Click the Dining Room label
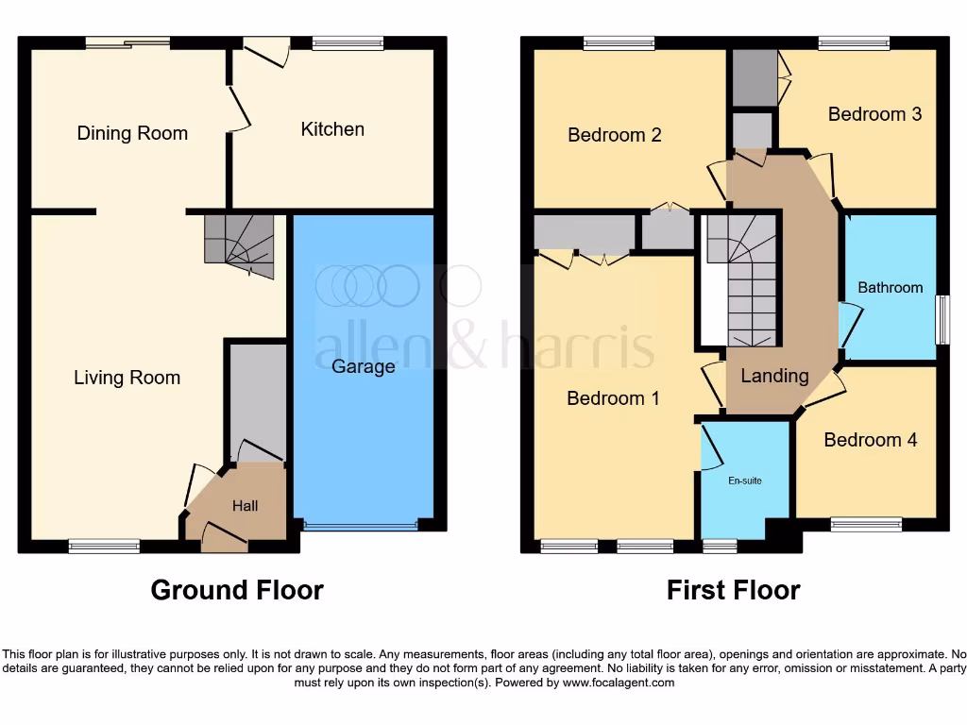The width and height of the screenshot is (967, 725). tap(132, 133)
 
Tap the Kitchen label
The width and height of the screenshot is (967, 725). tap(332, 129)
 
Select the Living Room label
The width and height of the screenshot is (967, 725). tap(127, 378)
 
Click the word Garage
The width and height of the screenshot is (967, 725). tap(363, 366)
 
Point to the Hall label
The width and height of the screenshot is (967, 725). tap(246, 506)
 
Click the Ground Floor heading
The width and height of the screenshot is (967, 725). tap(237, 590)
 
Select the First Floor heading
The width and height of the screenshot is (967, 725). tap(733, 590)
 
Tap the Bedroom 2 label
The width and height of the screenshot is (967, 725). tap(614, 135)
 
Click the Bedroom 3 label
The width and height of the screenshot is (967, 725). tap(874, 114)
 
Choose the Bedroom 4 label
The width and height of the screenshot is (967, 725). tap(870, 440)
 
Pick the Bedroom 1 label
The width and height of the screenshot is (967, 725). tap(613, 398)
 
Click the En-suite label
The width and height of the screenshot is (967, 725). tap(744, 481)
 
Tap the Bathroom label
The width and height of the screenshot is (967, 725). tap(890, 287)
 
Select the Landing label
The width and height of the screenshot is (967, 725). tap(774, 376)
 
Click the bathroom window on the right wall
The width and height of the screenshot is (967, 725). tap(942, 320)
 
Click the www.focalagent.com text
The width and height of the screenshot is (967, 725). tap(618, 683)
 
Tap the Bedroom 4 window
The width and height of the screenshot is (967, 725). tap(866, 522)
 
